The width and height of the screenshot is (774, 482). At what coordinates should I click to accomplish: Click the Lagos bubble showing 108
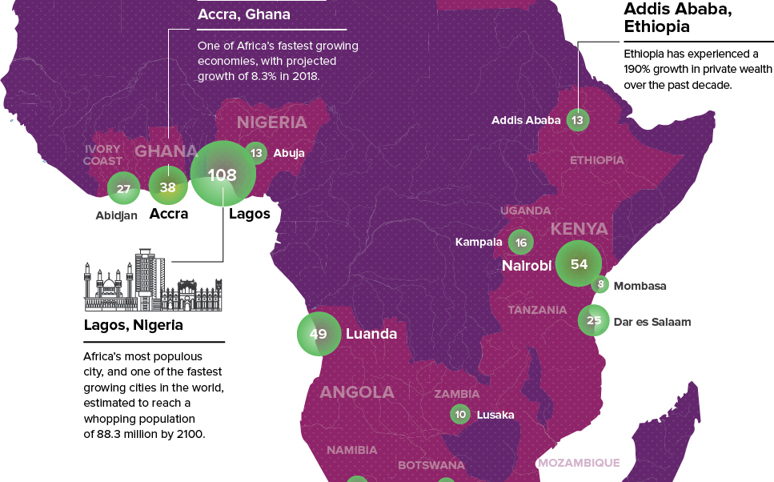click(223, 175)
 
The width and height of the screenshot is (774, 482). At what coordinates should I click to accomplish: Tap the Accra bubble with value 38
click(168, 187)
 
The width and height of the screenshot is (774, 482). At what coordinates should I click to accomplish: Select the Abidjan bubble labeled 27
click(123, 189)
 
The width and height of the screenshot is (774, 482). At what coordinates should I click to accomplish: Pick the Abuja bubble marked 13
click(256, 153)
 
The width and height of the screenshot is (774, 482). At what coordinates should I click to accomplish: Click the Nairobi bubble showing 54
click(579, 264)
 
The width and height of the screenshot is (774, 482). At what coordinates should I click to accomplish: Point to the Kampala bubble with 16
click(521, 243)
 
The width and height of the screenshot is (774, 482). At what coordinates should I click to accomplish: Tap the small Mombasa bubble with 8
click(600, 284)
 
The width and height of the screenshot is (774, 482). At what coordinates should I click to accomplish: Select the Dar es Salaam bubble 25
click(593, 321)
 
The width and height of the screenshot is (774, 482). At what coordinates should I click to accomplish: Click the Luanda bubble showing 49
click(319, 334)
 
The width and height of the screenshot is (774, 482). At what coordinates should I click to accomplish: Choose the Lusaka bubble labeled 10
click(459, 414)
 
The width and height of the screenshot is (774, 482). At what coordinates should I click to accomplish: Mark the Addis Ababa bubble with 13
click(577, 121)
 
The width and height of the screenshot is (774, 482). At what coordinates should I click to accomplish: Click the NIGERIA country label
click(271, 123)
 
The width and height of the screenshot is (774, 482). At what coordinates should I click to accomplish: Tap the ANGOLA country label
click(357, 392)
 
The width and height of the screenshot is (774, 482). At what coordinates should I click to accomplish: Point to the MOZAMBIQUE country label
click(578, 463)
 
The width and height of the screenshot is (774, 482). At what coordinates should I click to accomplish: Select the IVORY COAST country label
click(103, 155)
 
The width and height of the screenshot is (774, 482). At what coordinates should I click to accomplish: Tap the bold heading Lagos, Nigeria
click(133, 326)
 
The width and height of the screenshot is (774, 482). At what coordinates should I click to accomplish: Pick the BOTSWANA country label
click(431, 465)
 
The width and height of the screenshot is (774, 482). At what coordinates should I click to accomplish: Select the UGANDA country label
click(525, 211)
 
